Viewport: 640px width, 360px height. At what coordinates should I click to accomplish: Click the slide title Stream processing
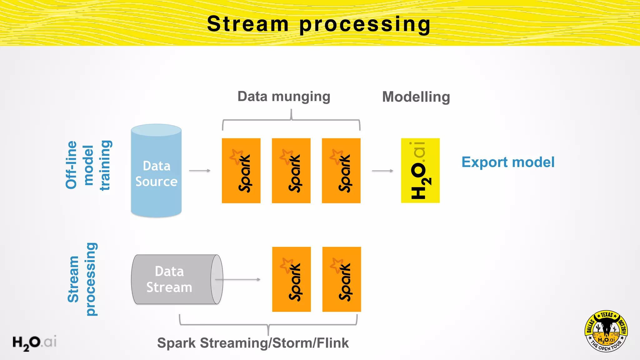(319, 24)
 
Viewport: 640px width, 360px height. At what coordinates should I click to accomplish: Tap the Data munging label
(284, 97)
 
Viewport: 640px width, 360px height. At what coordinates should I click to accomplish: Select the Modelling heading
(416, 97)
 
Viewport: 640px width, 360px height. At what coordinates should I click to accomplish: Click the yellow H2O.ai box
(420, 171)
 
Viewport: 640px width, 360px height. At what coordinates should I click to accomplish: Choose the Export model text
(508, 162)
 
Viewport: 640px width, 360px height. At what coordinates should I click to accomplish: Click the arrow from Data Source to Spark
(200, 171)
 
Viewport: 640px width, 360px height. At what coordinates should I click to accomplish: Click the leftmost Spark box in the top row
(241, 171)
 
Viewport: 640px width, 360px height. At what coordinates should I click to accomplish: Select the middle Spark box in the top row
(291, 171)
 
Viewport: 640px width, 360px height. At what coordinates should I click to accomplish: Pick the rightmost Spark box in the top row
(341, 171)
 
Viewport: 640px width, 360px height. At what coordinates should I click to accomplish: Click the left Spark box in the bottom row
(292, 279)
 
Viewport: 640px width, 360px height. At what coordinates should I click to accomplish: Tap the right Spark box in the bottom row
(342, 279)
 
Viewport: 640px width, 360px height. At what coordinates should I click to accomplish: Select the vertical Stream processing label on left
(82, 279)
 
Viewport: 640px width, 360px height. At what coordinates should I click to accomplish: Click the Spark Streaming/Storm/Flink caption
(253, 343)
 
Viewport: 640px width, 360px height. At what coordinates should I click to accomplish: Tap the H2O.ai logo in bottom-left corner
(34, 342)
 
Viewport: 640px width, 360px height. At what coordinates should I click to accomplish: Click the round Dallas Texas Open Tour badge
(606, 331)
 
